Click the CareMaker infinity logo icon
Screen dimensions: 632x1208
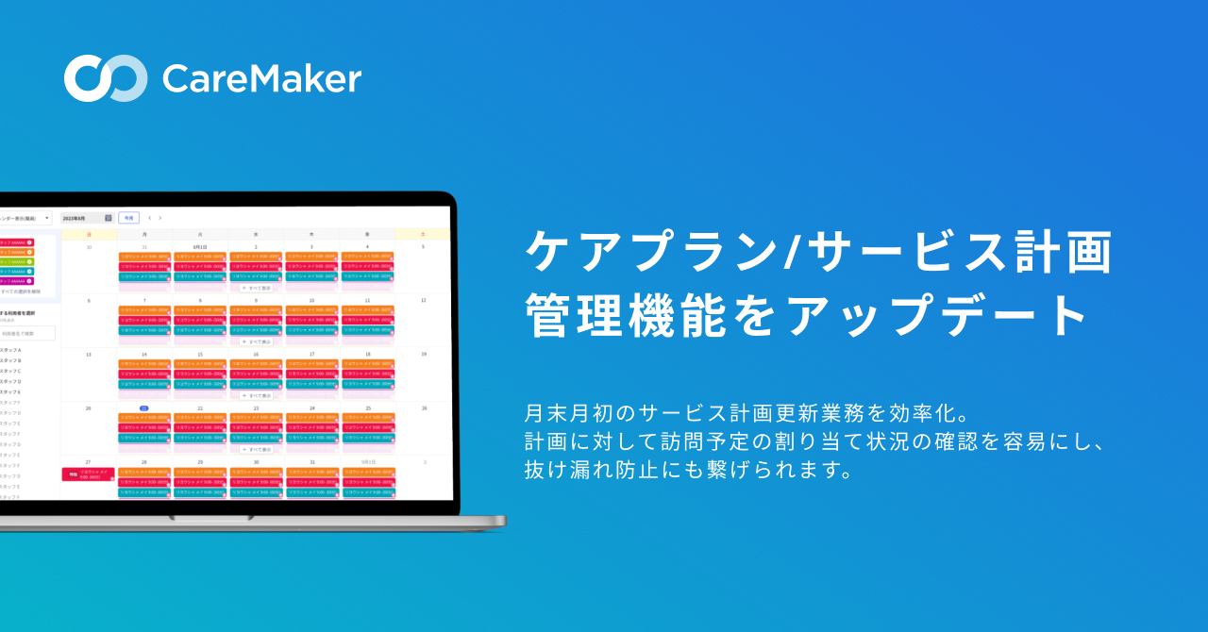(x=105, y=78)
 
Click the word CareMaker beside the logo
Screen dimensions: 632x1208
(x=261, y=79)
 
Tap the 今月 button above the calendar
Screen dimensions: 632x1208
(x=128, y=217)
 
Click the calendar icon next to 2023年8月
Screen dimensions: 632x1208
(x=108, y=217)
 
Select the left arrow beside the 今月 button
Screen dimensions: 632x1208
(x=149, y=218)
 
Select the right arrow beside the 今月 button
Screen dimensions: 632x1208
(x=160, y=218)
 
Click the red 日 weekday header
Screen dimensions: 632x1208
(x=89, y=233)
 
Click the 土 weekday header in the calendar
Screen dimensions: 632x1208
(x=424, y=233)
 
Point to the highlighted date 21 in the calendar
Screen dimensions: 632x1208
(x=144, y=408)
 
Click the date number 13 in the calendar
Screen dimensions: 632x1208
(x=89, y=355)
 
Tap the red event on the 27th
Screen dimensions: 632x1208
(x=88, y=474)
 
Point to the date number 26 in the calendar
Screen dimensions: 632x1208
(x=424, y=408)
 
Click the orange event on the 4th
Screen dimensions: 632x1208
(x=367, y=257)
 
